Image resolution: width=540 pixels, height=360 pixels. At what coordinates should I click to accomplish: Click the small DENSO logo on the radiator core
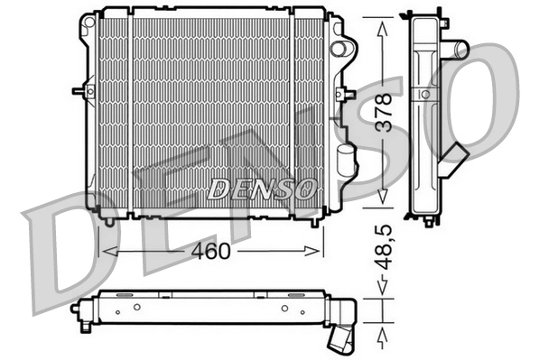(x=262, y=189)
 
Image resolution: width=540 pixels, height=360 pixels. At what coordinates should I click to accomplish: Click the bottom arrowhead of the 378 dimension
(x=384, y=200)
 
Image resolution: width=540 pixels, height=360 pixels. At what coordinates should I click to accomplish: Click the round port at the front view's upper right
(x=340, y=47)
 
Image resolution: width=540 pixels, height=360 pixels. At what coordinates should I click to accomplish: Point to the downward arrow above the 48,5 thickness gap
(x=384, y=287)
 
